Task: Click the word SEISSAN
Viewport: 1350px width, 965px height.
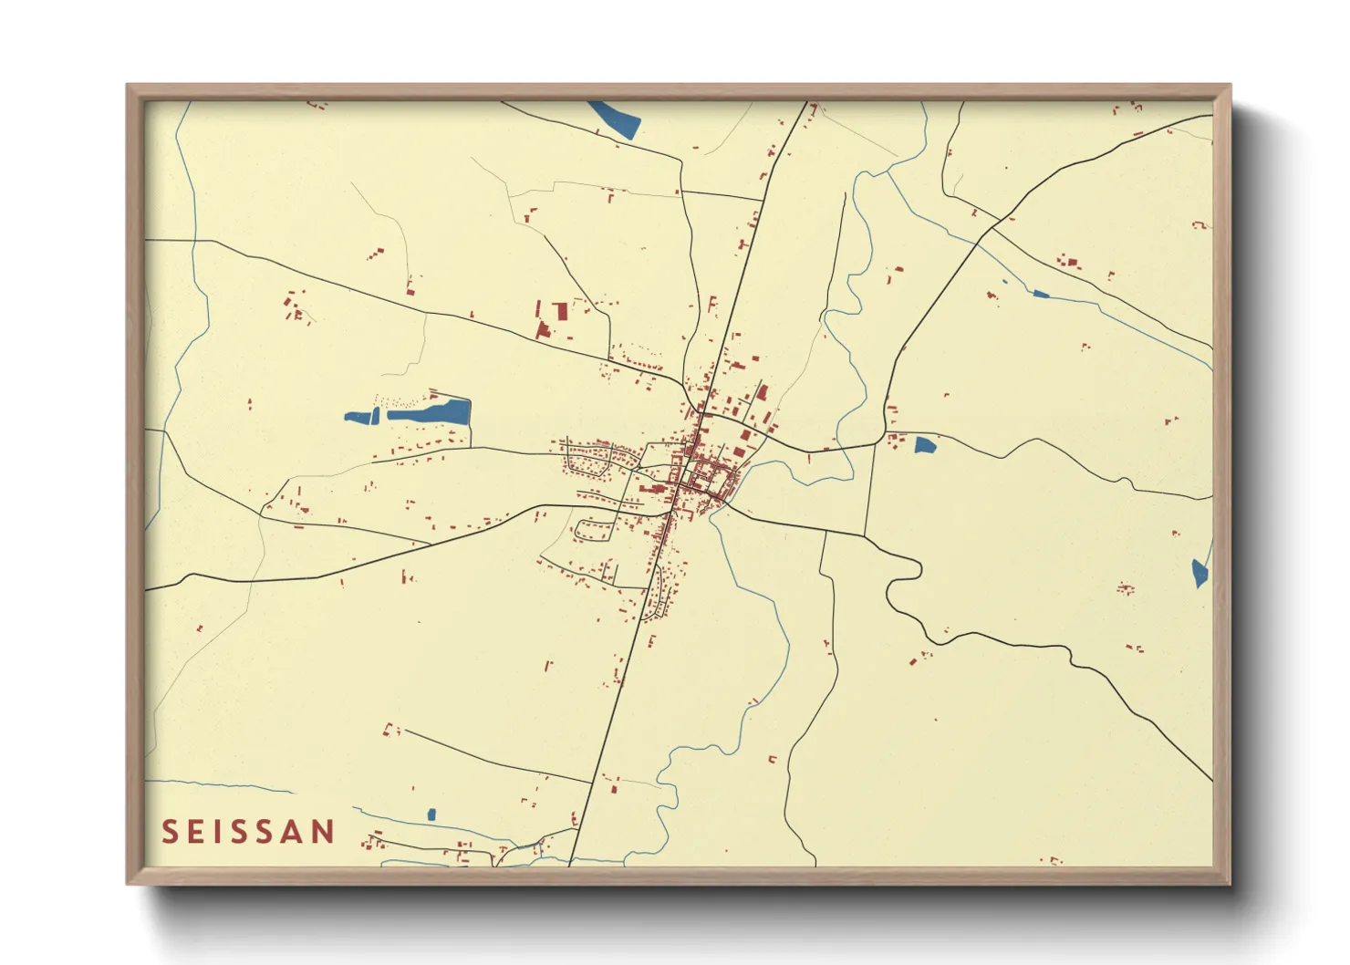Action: click(248, 831)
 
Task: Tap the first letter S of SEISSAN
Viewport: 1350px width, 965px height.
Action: click(169, 831)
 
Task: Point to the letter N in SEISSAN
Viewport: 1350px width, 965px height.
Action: click(323, 831)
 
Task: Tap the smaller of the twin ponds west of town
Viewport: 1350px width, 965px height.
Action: click(362, 418)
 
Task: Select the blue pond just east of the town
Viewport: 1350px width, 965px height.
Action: click(925, 445)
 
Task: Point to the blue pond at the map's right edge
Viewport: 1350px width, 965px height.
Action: click(1200, 572)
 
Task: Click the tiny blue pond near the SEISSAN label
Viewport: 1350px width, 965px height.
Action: click(431, 815)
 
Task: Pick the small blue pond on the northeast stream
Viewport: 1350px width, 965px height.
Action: click(1040, 294)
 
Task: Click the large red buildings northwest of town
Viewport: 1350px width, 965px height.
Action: click(551, 317)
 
